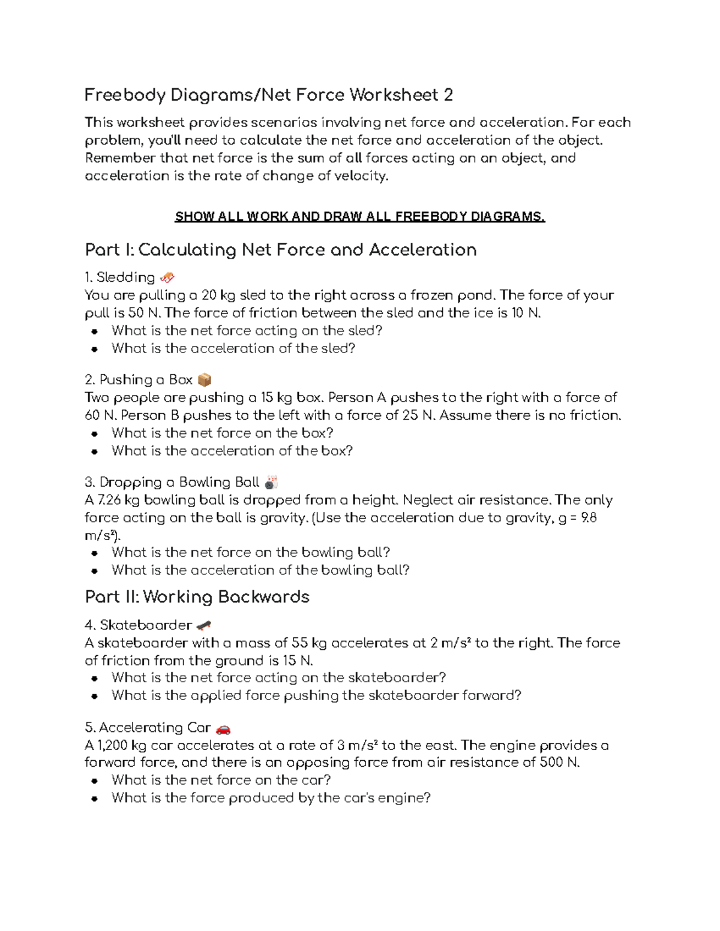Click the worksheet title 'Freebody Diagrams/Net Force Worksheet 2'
pyautogui.click(x=268, y=95)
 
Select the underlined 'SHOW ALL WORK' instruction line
pyautogui.click(x=359, y=217)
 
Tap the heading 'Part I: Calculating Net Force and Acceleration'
pyautogui.click(x=281, y=250)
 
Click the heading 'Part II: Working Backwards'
pyautogui.click(x=197, y=597)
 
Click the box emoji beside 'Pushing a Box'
pyautogui.click(x=204, y=380)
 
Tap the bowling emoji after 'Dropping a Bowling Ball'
pyautogui.click(x=271, y=483)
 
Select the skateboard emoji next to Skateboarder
pyautogui.click(x=203, y=625)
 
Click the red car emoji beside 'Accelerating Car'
pyautogui.click(x=223, y=728)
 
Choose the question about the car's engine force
pyautogui.click(x=271, y=798)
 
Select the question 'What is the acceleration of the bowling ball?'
pyautogui.click(x=260, y=570)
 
